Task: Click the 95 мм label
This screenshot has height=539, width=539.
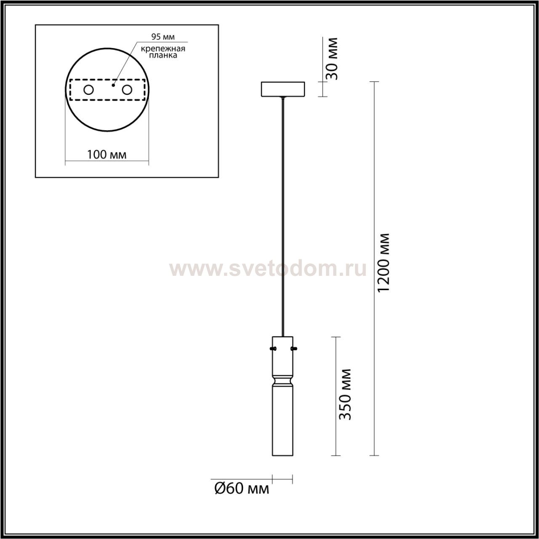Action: click(163, 37)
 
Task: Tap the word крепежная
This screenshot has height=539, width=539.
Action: click(163, 49)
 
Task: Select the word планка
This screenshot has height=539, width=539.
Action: click(163, 55)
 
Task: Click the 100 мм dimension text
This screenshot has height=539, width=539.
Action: click(107, 155)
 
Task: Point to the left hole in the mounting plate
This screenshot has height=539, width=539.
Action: click(89, 90)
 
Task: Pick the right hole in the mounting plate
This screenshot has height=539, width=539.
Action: click(127, 90)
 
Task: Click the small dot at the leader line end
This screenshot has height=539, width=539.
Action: click(113, 85)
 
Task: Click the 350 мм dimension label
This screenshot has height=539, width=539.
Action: click(344, 395)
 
